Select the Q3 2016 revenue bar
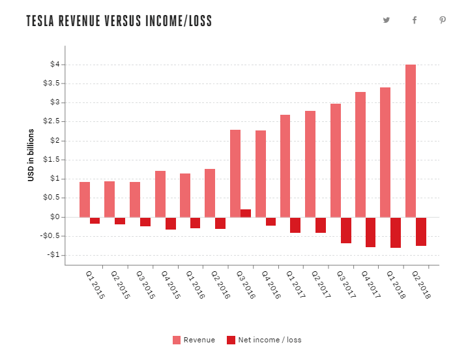click(x=235, y=173)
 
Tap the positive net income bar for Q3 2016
click(x=246, y=213)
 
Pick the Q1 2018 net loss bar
click(x=396, y=232)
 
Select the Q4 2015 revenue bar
click(x=160, y=194)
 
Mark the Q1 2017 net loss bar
click(x=295, y=224)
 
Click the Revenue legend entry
click(x=194, y=340)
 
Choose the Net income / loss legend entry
click(x=263, y=340)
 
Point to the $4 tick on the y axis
click(x=55, y=65)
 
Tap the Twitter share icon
click(x=387, y=20)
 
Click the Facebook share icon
click(x=415, y=20)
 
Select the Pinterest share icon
click(x=443, y=20)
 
